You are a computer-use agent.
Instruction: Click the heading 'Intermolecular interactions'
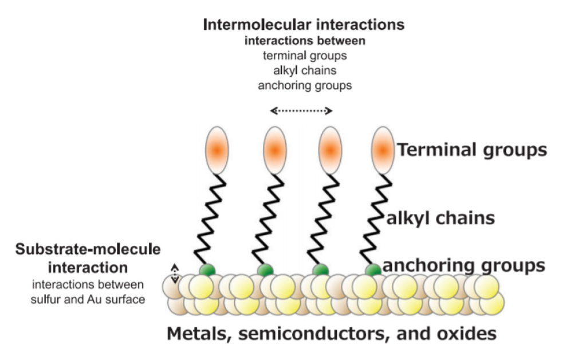[x=304, y=25]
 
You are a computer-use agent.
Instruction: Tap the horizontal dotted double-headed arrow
[x=301, y=111]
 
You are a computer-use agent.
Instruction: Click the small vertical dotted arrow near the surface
[x=175, y=274]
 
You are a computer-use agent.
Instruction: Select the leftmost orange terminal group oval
[x=217, y=150]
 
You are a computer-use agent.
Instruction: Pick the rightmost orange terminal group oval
[x=383, y=150]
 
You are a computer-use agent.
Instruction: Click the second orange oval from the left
[x=274, y=150]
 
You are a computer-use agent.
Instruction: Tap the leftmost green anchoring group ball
[x=207, y=270]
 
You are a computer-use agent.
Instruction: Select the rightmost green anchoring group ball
[x=373, y=270]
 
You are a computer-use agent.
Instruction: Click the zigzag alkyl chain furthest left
[x=210, y=219]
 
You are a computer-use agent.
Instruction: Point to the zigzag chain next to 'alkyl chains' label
[x=376, y=219]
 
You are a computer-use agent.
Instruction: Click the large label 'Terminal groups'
[x=472, y=150]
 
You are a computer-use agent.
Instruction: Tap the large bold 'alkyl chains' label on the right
[x=441, y=218]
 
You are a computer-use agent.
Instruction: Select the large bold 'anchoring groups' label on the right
[x=464, y=265]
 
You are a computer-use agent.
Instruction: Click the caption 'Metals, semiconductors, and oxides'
[x=332, y=334]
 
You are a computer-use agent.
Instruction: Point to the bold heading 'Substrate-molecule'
[x=88, y=249]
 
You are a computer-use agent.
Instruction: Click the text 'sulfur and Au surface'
[x=88, y=299]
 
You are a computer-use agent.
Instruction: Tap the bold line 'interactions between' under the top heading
[x=305, y=41]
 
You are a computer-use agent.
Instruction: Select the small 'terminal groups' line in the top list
[x=305, y=56]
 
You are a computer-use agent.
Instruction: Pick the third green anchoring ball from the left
[x=320, y=270]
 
